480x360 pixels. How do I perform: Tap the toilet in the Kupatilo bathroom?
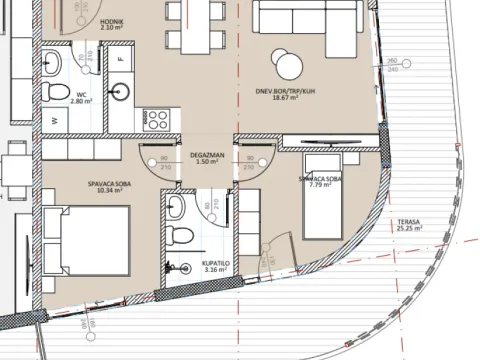180,238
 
